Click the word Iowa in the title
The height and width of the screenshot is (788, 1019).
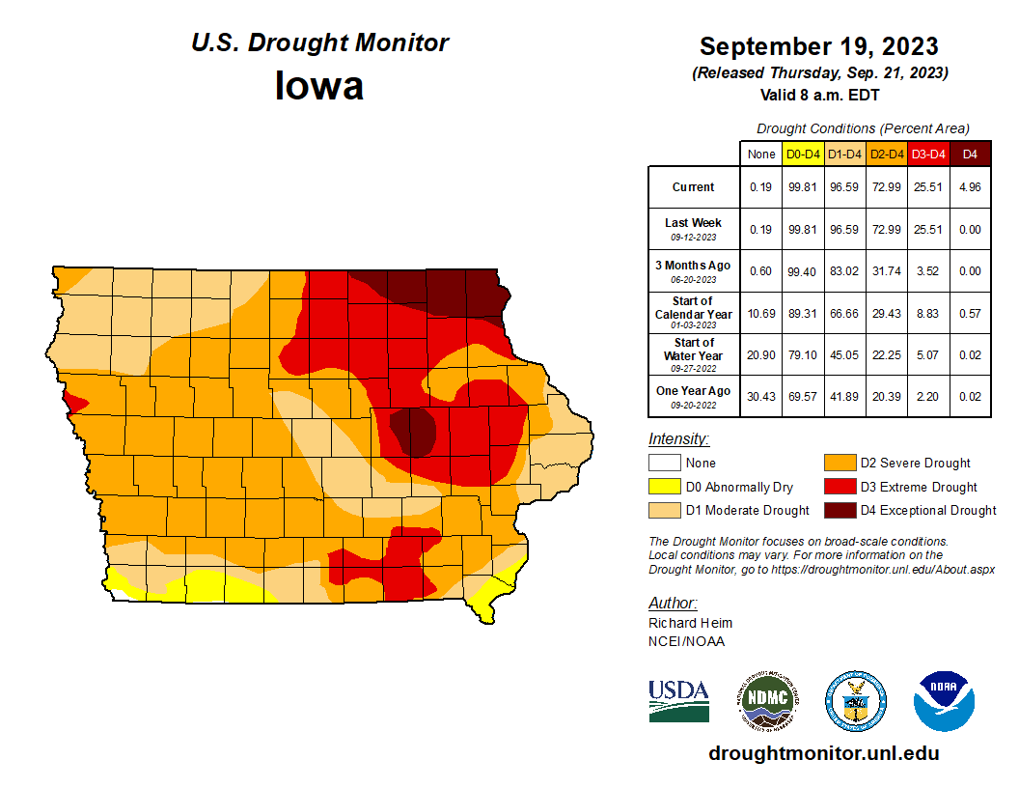click(x=319, y=86)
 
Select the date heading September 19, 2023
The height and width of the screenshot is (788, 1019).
click(x=818, y=46)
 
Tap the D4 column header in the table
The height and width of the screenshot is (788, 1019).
click(x=970, y=154)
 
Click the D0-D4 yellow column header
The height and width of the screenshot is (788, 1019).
click(x=803, y=154)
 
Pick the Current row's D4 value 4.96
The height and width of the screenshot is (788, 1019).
click(x=970, y=187)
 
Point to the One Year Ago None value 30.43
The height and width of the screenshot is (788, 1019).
click(x=761, y=397)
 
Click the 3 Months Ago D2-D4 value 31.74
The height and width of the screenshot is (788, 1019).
click(x=887, y=271)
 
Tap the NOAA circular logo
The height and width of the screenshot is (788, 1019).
click(x=944, y=701)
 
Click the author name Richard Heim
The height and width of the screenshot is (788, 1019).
click(x=690, y=623)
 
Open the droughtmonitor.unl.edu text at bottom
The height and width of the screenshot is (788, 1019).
click(x=823, y=753)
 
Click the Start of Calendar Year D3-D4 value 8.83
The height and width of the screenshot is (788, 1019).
click(x=928, y=314)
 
